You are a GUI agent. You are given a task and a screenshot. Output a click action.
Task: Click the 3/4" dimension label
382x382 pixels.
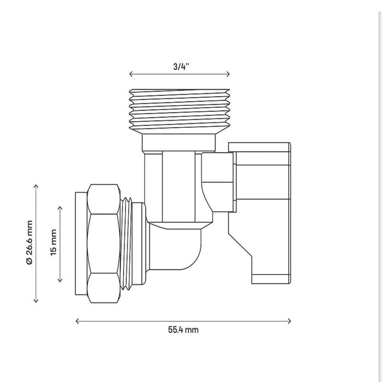[181, 67]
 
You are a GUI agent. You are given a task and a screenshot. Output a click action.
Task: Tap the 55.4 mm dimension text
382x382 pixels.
[183, 330]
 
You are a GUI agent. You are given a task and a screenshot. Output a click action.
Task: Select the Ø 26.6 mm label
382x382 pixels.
[29, 242]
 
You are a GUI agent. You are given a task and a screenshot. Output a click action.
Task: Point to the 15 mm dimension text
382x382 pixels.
[53, 242]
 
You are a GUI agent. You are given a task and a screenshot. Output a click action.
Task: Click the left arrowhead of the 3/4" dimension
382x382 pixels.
[130, 74]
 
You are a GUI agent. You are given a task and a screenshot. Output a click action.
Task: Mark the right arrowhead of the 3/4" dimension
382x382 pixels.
[229, 74]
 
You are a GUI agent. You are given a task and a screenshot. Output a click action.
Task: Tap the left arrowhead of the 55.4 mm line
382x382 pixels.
[76, 321]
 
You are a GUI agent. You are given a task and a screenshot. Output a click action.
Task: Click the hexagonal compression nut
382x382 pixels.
[104, 243]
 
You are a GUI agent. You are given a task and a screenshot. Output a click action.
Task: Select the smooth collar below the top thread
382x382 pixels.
[179, 143]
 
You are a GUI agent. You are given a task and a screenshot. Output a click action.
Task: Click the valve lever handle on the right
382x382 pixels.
[259, 213]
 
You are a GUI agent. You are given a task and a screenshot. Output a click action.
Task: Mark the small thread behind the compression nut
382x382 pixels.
[127, 243]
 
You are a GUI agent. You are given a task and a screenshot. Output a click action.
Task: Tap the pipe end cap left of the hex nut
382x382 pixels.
[81, 243]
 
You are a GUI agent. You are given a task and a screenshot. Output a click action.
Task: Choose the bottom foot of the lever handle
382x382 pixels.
[271, 279]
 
